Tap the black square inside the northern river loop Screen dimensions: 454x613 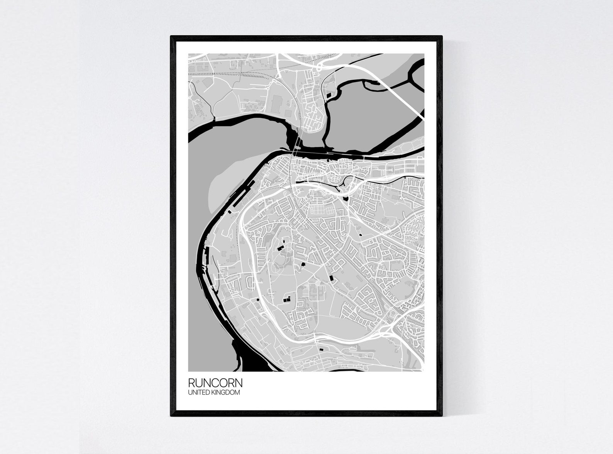pos(329,94)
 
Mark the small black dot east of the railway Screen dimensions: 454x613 pos(361,235)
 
